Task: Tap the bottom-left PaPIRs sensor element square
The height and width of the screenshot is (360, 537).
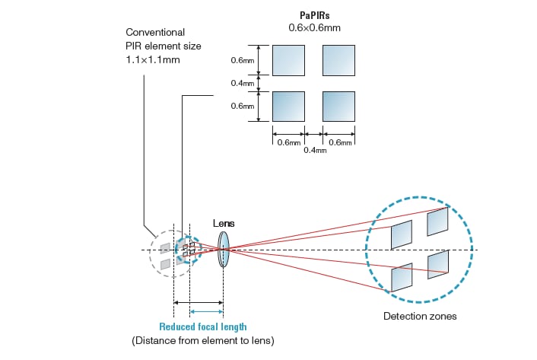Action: coord(288,106)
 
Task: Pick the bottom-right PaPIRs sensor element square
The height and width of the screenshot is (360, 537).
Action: coord(338,106)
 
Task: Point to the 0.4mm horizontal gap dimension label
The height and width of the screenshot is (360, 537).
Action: coord(314,150)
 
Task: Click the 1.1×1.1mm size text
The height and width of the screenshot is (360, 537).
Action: coord(153,59)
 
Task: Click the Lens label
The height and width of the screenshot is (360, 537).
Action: coord(224,222)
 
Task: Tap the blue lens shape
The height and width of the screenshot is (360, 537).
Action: coord(223,249)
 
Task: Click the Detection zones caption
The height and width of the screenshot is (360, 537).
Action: coord(420,316)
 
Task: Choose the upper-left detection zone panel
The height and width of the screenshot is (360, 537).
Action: coord(402,234)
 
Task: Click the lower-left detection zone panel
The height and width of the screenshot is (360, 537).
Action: coord(402,277)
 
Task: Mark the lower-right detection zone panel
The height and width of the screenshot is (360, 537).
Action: coord(437,263)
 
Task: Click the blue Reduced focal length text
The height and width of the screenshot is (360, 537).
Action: coord(202,327)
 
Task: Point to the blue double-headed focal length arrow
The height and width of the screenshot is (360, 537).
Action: coord(206,311)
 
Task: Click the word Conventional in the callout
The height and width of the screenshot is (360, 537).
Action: coord(155,33)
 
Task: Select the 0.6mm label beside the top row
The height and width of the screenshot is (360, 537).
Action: coord(242,59)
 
